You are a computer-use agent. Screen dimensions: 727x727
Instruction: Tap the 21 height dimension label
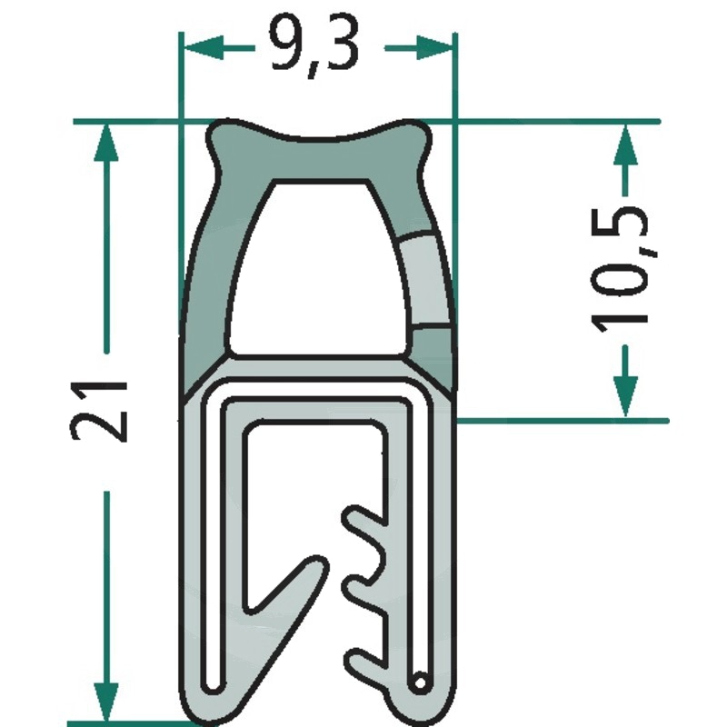(x=98, y=411)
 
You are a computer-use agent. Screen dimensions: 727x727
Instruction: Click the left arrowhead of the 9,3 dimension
(x=204, y=48)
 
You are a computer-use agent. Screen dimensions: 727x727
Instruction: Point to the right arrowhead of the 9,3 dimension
(x=434, y=48)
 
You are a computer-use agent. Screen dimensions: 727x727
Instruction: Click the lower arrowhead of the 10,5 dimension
(x=625, y=397)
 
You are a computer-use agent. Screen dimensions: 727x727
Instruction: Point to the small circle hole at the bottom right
(x=420, y=683)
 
